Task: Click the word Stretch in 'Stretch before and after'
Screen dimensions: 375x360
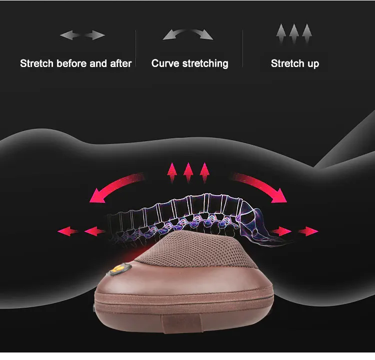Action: [x=36, y=63]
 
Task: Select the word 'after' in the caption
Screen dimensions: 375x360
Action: [x=121, y=63]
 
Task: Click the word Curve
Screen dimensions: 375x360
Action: [x=165, y=63]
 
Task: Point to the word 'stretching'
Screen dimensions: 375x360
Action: [x=205, y=64]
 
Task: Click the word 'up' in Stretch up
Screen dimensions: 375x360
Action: [x=313, y=64]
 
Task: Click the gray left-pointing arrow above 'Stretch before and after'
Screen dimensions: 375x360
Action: [x=70, y=35]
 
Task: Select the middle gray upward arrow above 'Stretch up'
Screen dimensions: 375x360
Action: [x=294, y=33]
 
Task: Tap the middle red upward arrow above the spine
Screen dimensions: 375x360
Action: [x=188, y=172]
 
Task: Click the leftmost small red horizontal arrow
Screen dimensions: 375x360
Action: [x=68, y=231]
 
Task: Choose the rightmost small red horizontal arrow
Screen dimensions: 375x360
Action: [x=308, y=231]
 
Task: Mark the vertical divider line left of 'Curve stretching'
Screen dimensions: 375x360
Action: [x=135, y=48]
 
